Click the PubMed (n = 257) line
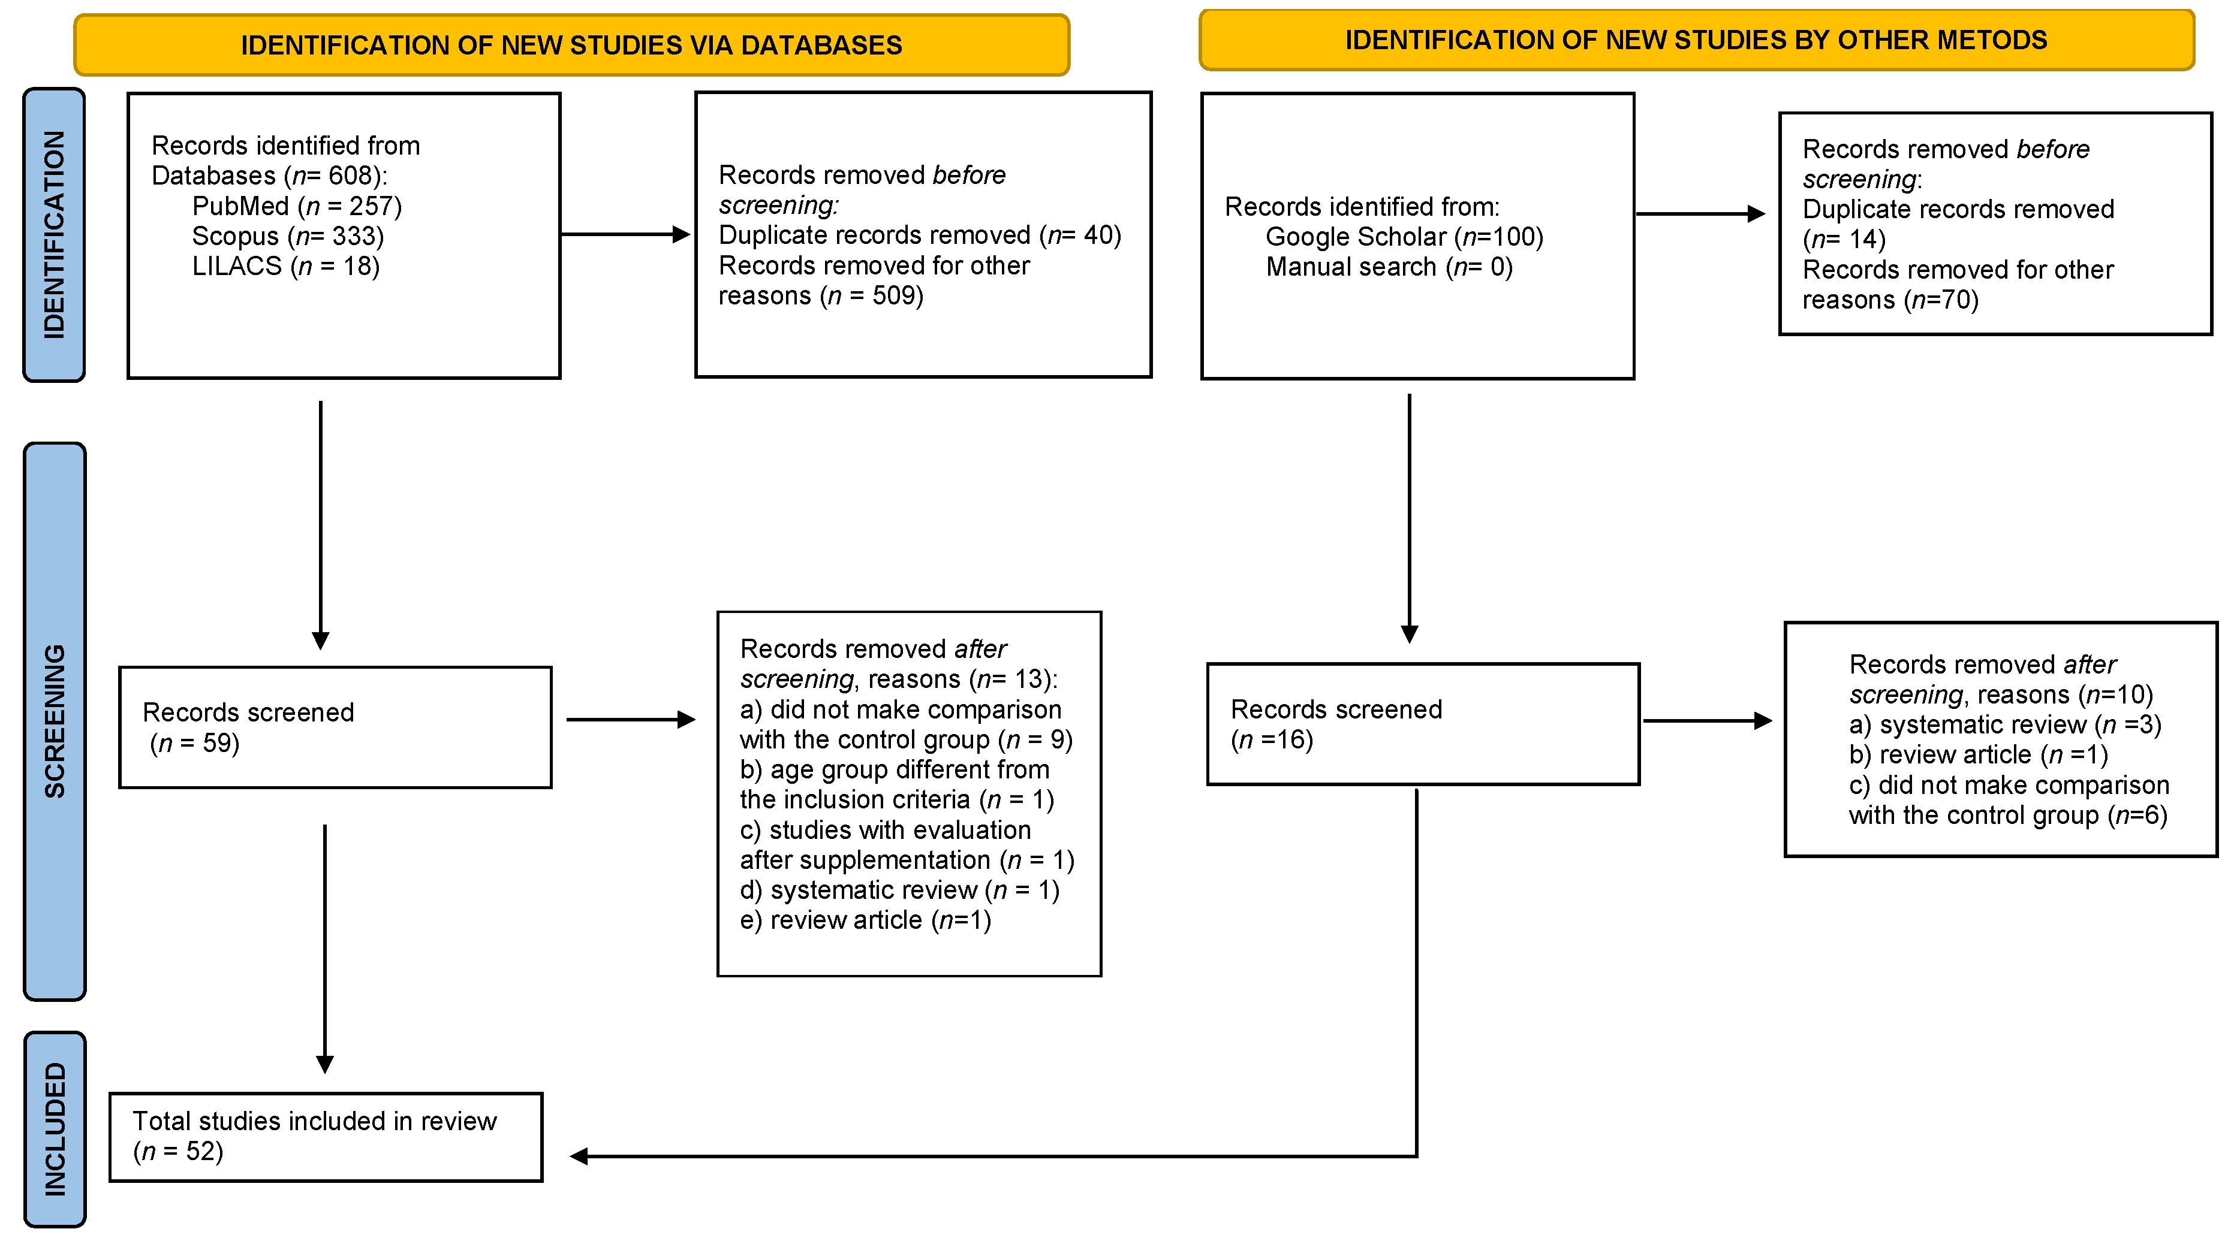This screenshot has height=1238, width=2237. (297, 207)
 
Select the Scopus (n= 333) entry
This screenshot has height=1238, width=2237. (287, 236)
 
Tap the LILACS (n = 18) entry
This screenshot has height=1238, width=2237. (286, 267)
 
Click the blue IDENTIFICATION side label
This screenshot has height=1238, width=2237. (54, 234)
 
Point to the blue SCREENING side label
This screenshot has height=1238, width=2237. (55, 721)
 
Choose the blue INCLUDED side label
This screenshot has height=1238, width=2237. (55, 1128)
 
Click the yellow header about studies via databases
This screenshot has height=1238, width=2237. (571, 45)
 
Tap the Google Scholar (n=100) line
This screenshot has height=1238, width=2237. (1404, 237)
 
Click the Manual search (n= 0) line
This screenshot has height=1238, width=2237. (1389, 267)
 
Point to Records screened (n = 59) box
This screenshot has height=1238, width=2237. (335, 727)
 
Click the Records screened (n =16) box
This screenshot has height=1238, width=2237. (1422, 724)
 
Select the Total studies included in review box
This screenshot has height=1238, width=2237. (326, 1136)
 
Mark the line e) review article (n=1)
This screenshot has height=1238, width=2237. (865, 920)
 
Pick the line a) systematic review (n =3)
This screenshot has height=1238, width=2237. (2004, 725)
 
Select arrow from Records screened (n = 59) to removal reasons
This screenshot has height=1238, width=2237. (630, 720)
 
